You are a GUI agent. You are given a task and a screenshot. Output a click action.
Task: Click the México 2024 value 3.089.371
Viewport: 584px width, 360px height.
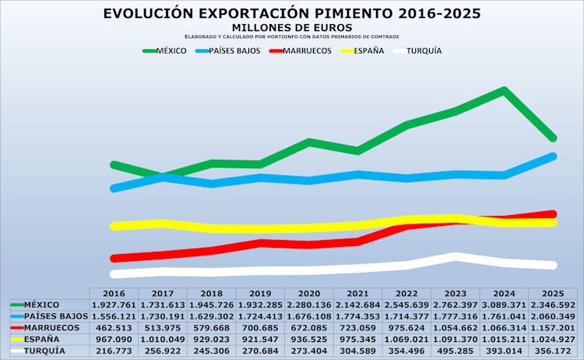coord(504,305)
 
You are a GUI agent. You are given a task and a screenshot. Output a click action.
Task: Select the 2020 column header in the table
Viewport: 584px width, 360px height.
coord(309,294)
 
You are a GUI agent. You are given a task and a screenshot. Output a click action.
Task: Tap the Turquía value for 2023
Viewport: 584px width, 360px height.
coord(456,351)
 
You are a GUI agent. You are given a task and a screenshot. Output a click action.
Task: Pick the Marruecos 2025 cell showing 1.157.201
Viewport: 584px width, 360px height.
coord(553,328)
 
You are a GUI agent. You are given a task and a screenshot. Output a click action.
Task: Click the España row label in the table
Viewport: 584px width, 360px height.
coord(42,340)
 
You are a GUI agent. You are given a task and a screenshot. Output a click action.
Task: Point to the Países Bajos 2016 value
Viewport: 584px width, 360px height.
coord(114,316)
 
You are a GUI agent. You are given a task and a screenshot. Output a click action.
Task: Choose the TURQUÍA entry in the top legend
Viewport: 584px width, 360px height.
coord(424,51)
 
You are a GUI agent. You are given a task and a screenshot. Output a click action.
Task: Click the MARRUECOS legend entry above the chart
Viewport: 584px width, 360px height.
coord(307,51)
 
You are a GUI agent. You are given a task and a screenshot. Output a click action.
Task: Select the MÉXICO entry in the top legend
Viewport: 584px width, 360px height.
coord(171,51)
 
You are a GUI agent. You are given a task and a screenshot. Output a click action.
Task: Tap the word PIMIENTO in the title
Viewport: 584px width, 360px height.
coord(354,13)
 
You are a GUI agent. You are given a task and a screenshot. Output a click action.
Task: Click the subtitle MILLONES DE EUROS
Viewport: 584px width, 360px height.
coord(292,28)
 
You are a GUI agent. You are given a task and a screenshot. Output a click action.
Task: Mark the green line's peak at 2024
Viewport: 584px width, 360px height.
coord(504,91)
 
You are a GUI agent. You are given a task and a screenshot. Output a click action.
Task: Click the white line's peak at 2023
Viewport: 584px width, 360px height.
coord(456,256)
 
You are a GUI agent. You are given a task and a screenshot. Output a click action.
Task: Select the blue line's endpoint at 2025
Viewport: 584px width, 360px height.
coord(553,157)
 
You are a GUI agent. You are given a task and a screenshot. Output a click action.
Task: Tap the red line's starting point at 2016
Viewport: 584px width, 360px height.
coord(114,258)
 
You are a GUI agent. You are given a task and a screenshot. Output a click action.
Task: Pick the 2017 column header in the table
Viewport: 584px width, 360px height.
coord(163,294)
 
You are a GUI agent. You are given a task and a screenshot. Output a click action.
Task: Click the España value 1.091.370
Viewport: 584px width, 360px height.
coord(456,340)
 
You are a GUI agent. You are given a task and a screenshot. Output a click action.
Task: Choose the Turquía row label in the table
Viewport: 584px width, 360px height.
coord(44,351)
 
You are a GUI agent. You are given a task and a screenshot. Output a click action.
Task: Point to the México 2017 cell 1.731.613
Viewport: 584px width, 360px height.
coord(163,305)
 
